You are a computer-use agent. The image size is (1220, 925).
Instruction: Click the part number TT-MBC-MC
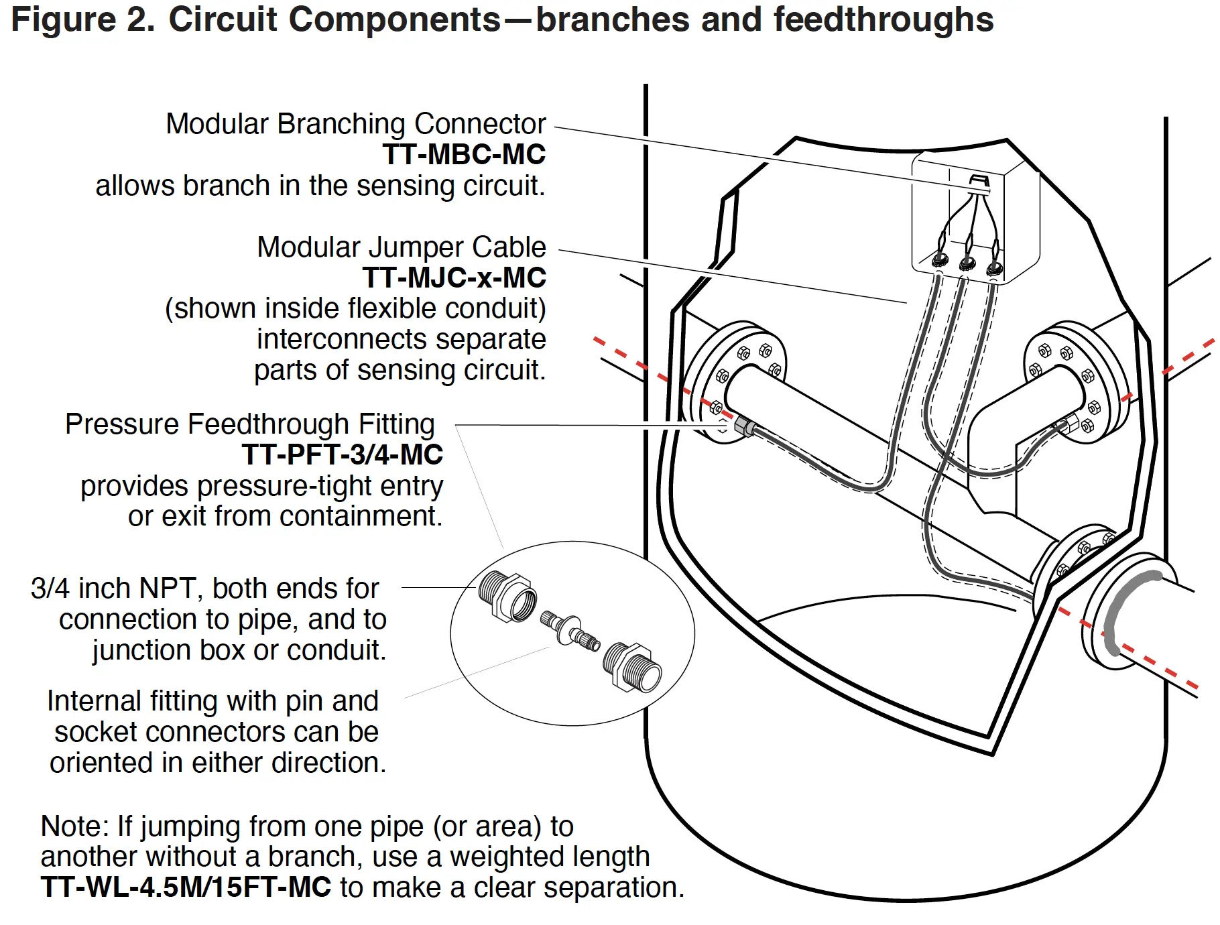click(464, 155)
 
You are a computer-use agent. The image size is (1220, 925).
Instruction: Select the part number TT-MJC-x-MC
click(454, 278)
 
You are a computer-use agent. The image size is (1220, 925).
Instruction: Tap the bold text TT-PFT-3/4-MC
click(342, 455)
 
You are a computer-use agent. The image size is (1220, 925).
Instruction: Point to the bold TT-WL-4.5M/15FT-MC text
click(186, 887)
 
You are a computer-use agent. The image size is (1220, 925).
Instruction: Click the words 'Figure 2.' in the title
click(83, 19)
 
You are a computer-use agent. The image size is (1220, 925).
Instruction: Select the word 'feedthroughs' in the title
click(883, 19)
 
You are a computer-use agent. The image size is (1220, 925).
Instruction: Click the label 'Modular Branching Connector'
click(356, 124)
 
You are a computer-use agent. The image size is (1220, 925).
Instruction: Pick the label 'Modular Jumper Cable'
click(402, 247)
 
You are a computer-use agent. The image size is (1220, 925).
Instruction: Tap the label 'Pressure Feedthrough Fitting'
click(250, 424)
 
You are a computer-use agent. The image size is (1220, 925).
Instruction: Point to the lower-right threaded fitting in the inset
click(633, 667)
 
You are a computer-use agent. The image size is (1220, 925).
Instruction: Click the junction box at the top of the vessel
click(975, 214)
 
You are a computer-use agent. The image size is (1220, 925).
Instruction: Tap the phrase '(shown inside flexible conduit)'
click(355, 309)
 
